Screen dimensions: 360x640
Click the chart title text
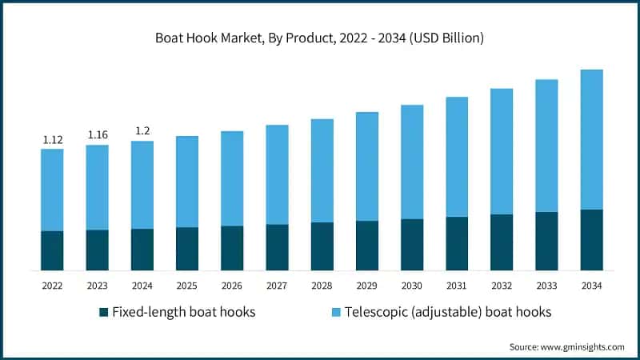(x=320, y=38)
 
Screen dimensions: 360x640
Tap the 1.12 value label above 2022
(x=52, y=140)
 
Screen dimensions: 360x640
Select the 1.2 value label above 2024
(x=142, y=131)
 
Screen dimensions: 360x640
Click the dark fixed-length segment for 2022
(x=52, y=250)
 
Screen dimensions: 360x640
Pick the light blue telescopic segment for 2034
(x=591, y=139)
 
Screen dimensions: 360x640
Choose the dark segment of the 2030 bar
(x=412, y=244)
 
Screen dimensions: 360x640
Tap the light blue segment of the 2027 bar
(x=277, y=174)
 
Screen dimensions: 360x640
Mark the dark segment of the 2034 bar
(x=591, y=240)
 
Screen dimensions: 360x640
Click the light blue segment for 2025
(x=187, y=182)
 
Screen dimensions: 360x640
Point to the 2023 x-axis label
(x=98, y=285)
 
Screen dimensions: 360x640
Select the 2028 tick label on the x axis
(x=322, y=285)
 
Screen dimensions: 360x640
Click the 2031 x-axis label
(x=457, y=285)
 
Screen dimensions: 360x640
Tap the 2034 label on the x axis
(x=591, y=285)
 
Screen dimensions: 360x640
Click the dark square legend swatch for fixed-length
(x=103, y=312)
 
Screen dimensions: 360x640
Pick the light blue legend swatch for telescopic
(x=336, y=312)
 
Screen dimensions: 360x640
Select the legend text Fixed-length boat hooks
(x=183, y=312)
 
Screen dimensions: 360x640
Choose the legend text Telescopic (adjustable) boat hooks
(x=448, y=312)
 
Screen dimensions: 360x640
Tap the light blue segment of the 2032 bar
(x=502, y=151)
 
